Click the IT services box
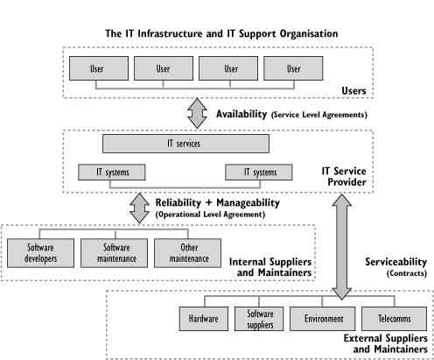coord(185,144)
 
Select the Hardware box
coord(204,319)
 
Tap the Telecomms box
coord(394,319)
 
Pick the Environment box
coord(322,319)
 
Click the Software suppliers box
coord(259,319)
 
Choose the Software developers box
coord(40,253)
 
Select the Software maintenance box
coord(114,253)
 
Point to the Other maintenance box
coord(187,253)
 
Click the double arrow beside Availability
coord(197,113)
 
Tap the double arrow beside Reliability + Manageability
coord(139,208)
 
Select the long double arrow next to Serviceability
coord(341,247)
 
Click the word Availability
coord(241,114)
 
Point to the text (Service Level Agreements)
coord(319,115)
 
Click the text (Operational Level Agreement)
coord(210,215)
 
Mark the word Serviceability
coord(396,262)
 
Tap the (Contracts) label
coord(407,273)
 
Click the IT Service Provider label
coord(344,176)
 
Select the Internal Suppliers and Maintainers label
coord(270,267)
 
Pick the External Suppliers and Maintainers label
coord(386,343)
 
